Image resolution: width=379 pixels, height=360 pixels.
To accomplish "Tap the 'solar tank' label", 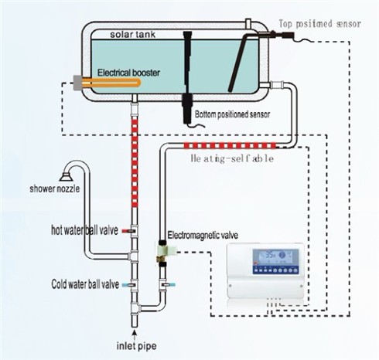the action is (x=132, y=34).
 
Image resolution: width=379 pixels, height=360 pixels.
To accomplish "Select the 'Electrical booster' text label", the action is (x=128, y=73).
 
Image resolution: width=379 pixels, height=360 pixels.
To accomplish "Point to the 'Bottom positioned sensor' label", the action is (x=232, y=114).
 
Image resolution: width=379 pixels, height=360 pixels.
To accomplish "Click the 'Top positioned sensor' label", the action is (x=320, y=24).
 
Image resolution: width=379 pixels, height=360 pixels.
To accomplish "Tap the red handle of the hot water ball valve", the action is (x=126, y=231).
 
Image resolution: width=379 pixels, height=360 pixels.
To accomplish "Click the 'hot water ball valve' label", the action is (x=84, y=230).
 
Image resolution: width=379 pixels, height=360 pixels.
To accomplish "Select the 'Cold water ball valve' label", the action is (x=85, y=284).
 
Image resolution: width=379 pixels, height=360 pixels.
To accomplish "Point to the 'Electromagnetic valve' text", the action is (x=203, y=235).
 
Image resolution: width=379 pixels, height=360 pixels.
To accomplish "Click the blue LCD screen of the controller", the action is (x=276, y=258).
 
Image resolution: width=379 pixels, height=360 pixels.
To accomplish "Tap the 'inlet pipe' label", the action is (x=136, y=346).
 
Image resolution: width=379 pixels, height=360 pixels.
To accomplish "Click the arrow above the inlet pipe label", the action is (x=134, y=335).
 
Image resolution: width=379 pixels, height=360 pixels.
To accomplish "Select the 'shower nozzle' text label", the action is (x=55, y=188).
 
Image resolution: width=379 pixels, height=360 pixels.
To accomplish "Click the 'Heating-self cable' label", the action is (x=232, y=158).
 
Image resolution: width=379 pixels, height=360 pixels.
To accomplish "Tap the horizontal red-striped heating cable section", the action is (x=230, y=146).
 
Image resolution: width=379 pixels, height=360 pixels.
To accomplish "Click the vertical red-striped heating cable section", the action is (x=135, y=161).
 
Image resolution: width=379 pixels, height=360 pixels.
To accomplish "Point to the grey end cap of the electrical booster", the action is (x=78, y=83).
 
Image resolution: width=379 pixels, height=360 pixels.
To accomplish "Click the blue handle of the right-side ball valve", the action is (x=171, y=285).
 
